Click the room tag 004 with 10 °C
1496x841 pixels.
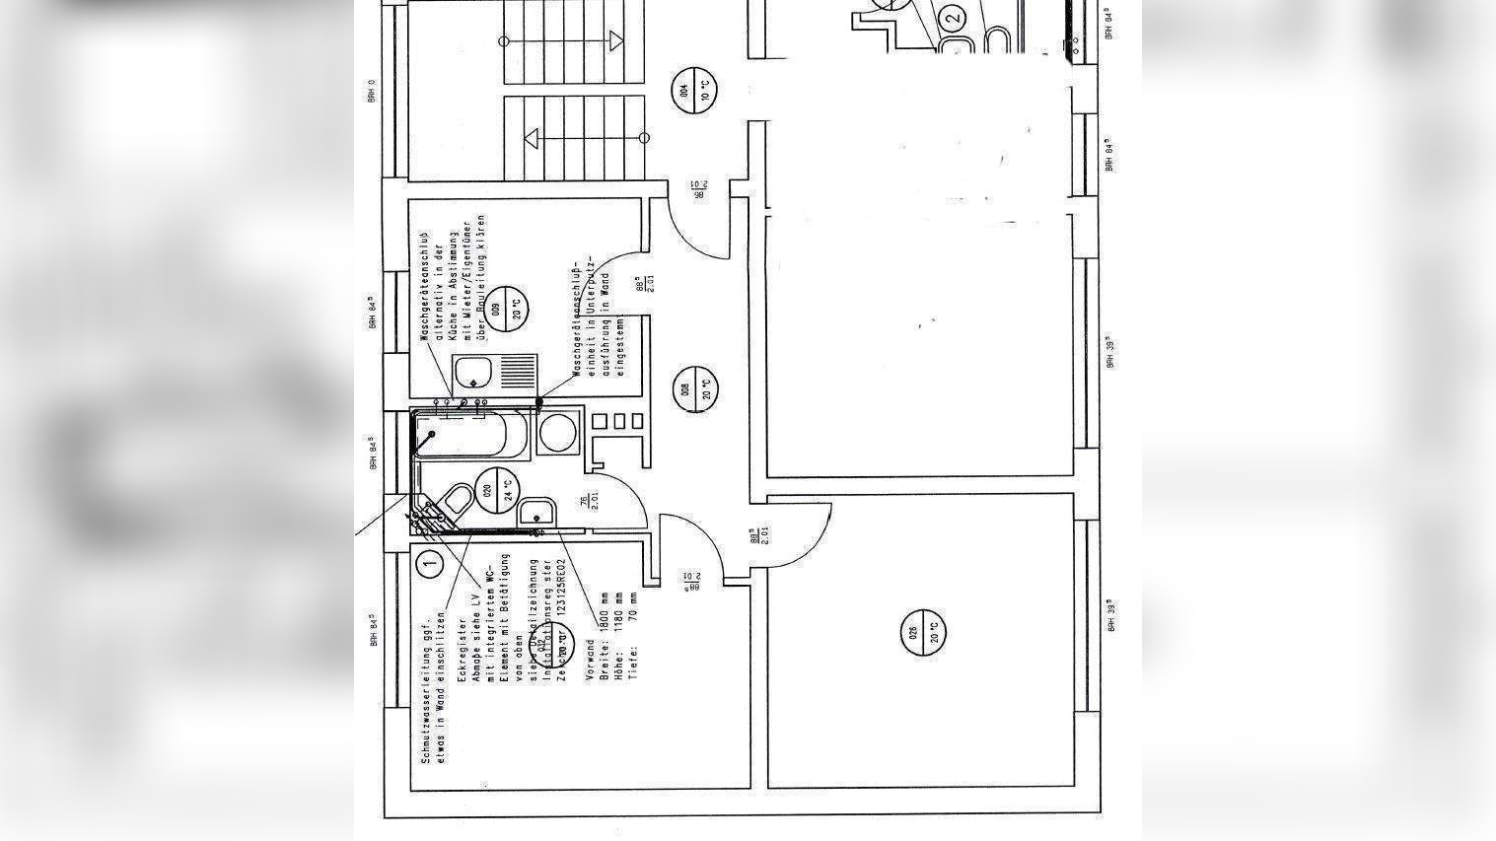(693, 91)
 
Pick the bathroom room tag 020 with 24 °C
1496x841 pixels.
(496, 489)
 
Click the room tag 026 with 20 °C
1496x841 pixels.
(924, 630)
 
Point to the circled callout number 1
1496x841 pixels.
(429, 564)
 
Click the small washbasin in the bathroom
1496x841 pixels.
(536, 513)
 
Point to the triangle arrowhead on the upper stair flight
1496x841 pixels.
(616, 40)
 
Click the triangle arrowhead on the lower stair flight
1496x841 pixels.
(532, 138)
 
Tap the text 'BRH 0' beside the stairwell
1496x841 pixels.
(372, 90)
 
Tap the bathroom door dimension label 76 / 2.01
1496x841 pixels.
(588, 501)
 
